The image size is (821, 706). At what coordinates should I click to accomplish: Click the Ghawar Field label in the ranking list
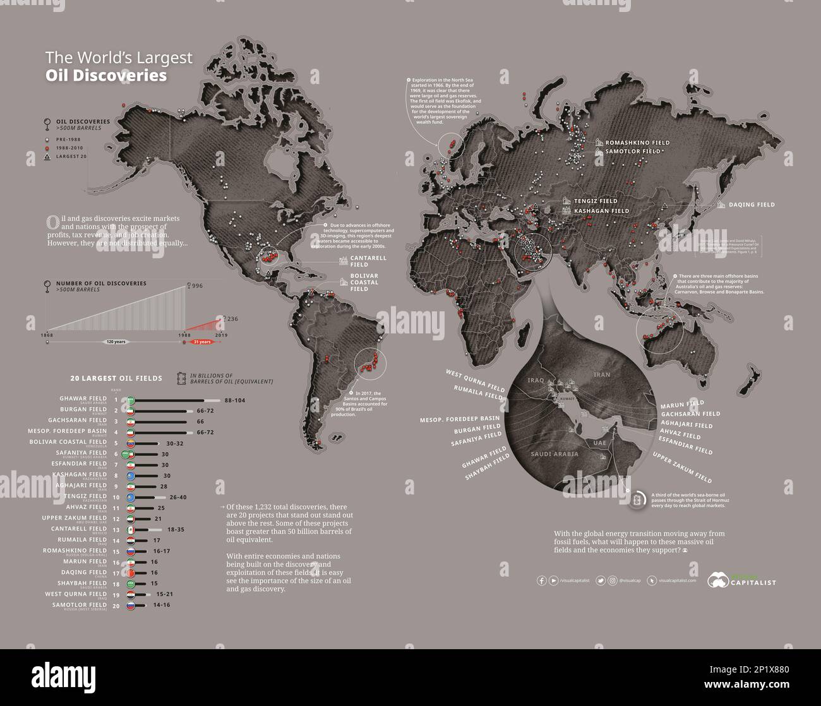[x=83, y=398]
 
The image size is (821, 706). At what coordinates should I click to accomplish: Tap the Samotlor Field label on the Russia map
[x=633, y=152]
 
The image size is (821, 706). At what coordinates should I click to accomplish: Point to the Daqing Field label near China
[x=752, y=205]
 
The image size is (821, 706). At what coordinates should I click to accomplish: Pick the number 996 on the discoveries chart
[x=197, y=286]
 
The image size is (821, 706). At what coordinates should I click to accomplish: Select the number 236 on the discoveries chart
[x=232, y=320]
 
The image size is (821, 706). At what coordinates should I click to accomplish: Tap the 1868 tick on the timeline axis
[x=47, y=334]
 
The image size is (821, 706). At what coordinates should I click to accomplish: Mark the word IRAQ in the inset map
[x=536, y=380]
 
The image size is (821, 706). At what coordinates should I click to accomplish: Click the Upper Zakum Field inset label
[x=682, y=468]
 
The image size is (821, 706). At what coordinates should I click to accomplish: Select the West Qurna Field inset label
[x=475, y=381]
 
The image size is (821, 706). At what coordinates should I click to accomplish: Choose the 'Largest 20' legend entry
[x=71, y=156]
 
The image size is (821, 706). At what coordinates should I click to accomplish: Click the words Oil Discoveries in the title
[x=106, y=76]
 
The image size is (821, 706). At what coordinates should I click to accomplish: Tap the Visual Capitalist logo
[x=741, y=579]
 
